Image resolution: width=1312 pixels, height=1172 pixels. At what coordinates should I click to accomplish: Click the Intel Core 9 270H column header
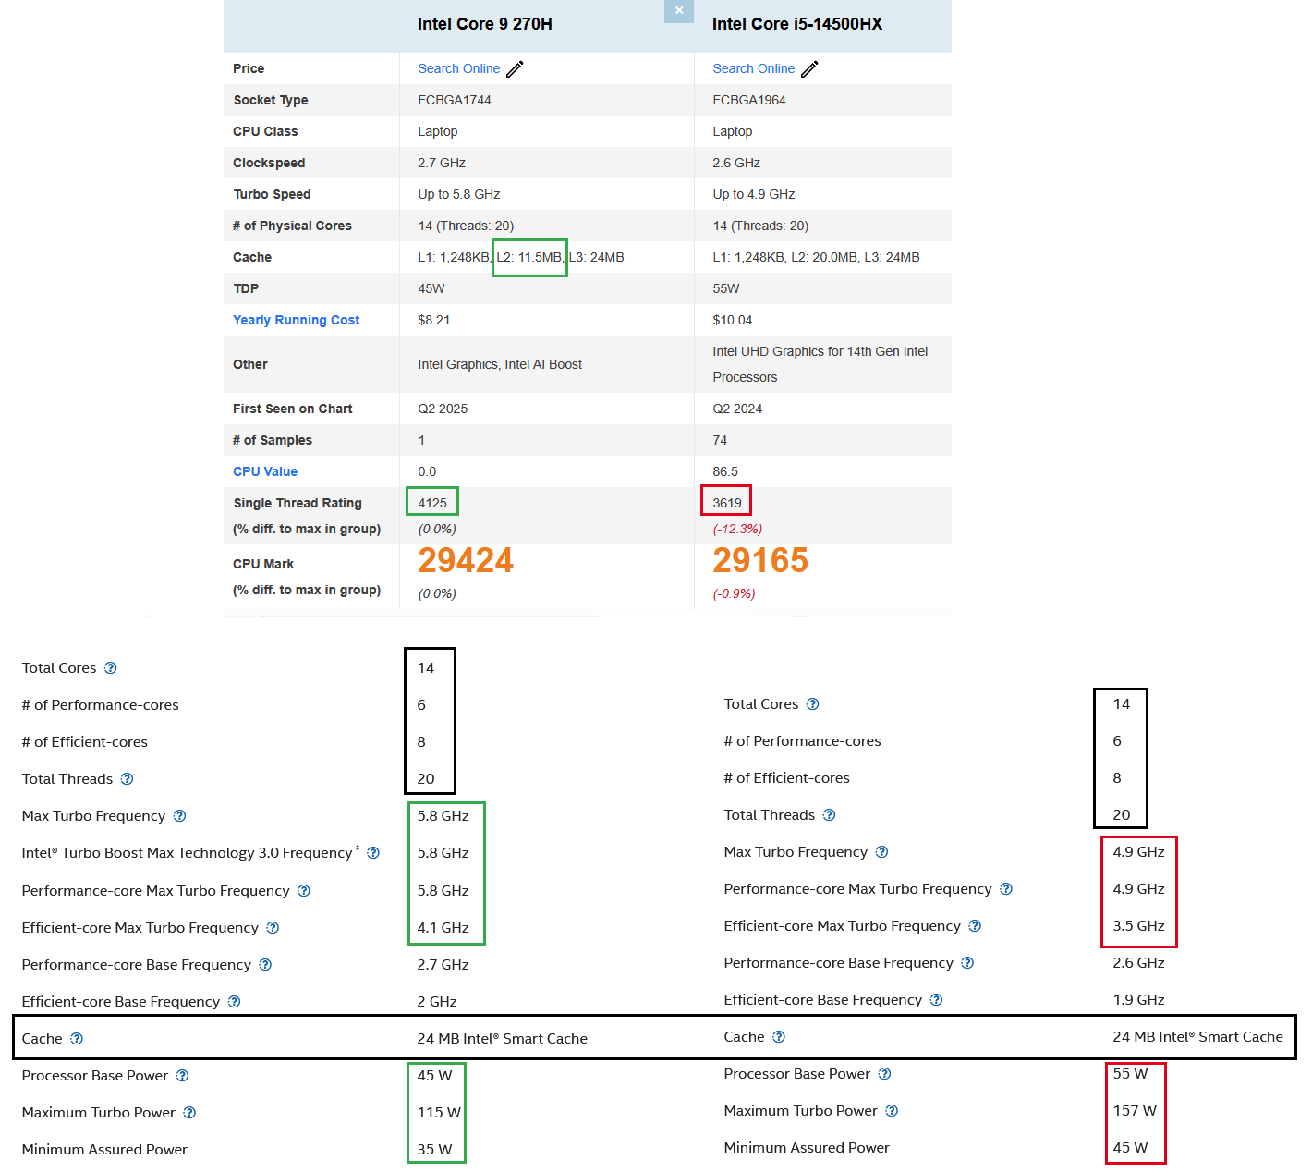[x=484, y=24]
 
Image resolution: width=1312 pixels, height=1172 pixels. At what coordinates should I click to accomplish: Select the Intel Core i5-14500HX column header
[x=796, y=24]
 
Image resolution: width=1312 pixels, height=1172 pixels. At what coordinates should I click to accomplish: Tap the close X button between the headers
[x=679, y=10]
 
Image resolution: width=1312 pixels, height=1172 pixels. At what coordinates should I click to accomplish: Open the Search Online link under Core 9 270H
[x=458, y=68]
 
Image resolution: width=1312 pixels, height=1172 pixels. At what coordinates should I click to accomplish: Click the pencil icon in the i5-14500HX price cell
[x=809, y=69]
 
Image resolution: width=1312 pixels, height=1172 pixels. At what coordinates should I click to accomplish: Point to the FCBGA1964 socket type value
[x=748, y=100]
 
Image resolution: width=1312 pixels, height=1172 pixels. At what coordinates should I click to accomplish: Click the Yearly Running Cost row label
[x=296, y=320]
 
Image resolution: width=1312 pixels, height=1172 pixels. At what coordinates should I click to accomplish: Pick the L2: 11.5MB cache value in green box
[x=528, y=257]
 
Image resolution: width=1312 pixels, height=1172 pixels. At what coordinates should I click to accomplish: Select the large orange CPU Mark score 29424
[x=465, y=560]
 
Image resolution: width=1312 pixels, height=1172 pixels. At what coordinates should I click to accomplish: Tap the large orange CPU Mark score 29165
[x=759, y=560]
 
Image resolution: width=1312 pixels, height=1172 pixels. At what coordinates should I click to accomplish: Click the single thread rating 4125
[x=432, y=503]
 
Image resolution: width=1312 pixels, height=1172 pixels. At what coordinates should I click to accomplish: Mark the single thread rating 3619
[x=726, y=503]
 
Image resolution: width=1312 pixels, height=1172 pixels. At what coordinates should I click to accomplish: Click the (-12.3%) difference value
[x=736, y=529]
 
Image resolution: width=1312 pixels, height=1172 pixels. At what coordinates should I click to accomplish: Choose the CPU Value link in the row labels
[x=265, y=471]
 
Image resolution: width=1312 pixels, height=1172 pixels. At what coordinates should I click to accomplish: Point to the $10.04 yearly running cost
[x=732, y=320]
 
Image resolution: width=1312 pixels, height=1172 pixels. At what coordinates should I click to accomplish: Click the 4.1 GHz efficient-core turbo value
[x=443, y=927]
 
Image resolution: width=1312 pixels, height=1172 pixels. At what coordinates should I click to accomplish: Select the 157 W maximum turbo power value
[x=1135, y=1110]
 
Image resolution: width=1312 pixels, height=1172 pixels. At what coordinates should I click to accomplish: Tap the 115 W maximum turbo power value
[x=438, y=1112]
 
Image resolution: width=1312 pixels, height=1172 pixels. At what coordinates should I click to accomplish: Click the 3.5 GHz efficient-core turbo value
[x=1138, y=925]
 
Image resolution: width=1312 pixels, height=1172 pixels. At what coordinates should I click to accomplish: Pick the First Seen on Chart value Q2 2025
[x=443, y=409]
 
